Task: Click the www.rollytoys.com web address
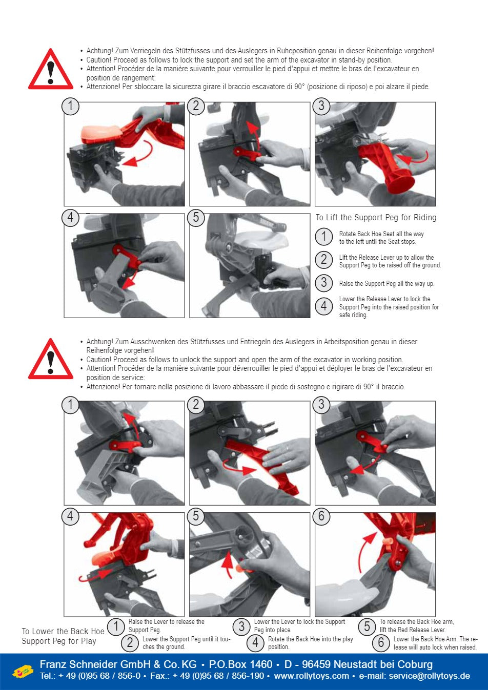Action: pyautogui.click(x=311, y=676)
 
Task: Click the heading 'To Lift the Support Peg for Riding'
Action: pyautogui.click(x=376, y=218)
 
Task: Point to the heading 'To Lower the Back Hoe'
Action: pyautogui.click(x=63, y=631)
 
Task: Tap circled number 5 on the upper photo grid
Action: pyautogui.click(x=196, y=218)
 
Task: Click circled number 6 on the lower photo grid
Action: pyautogui.click(x=321, y=516)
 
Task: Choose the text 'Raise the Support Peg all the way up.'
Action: pyautogui.click(x=387, y=284)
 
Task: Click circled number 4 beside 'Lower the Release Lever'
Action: pyautogui.click(x=323, y=306)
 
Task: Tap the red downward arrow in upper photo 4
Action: pyautogui.click(x=130, y=280)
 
